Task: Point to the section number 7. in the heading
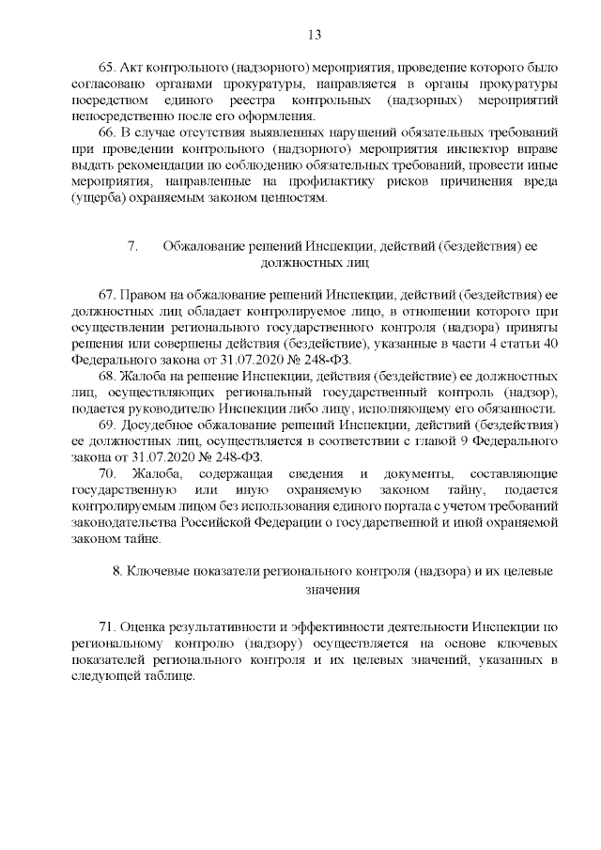pyautogui.click(x=132, y=247)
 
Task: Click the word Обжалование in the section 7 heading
pyautogui.click(x=202, y=247)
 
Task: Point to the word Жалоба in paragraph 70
pyautogui.click(x=154, y=475)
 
